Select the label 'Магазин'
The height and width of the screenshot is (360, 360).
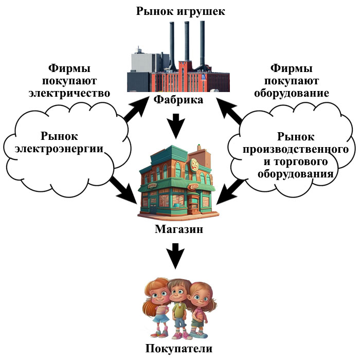[x=178, y=229]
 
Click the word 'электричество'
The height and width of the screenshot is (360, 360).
[x=77, y=94]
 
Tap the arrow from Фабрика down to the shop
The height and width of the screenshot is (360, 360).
[x=176, y=125]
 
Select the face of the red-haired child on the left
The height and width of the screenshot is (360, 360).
[x=158, y=295]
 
